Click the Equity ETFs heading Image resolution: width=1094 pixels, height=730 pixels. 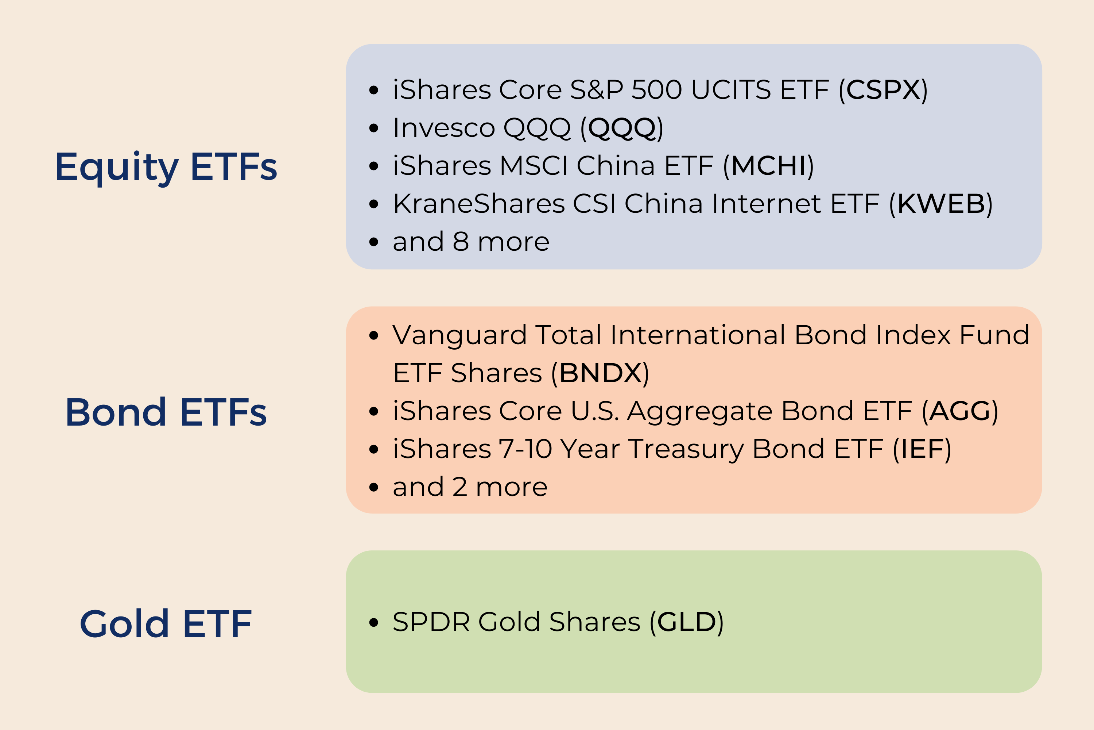(x=166, y=167)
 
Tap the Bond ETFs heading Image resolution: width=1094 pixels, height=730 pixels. (x=166, y=412)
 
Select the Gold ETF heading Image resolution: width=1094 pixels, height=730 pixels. (x=166, y=624)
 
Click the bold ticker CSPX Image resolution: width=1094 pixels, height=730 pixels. (x=883, y=89)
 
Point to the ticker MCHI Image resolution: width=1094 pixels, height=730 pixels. (x=768, y=166)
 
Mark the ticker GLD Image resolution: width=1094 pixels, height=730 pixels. (x=687, y=622)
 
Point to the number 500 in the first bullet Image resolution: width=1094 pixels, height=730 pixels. (x=657, y=89)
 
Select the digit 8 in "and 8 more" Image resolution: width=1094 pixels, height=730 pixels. (x=461, y=242)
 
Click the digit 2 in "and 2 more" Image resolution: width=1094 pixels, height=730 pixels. (x=459, y=487)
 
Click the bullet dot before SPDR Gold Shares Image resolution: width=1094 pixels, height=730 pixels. (x=373, y=622)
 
